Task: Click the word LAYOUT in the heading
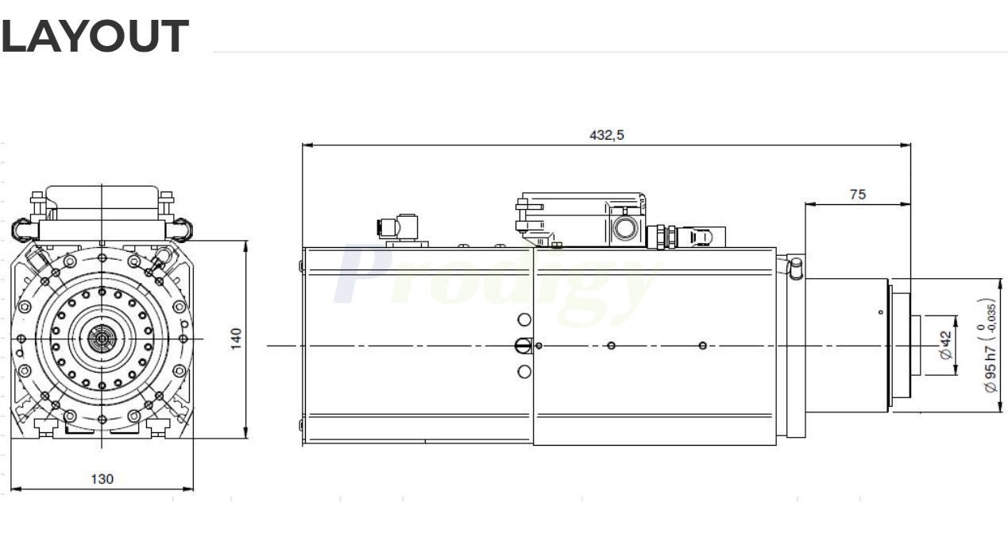click(95, 37)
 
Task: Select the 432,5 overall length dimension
click(606, 135)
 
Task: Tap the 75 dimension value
click(858, 194)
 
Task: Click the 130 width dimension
click(102, 479)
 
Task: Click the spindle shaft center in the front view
click(102, 338)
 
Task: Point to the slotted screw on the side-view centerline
click(523, 346)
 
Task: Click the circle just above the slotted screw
click(523, 319)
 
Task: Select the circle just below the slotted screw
click(523, 372)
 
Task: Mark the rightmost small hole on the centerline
click(702, 346)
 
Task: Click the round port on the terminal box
click(622, 228)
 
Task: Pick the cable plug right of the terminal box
click(697, 236)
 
